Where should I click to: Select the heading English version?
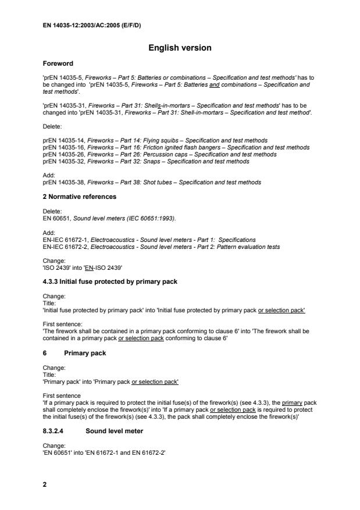tap(180, 48)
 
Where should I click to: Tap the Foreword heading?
tap(58, 63)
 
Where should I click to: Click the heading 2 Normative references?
tap(79, 197)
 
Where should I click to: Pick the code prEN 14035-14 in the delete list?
tap(62, 140)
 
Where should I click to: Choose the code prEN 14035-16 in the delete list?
tap(62, 147)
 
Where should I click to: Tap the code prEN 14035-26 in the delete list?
tap(62, 154)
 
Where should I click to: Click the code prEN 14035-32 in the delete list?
tap(62, 161)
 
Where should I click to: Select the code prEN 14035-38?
tap(62, 182)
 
